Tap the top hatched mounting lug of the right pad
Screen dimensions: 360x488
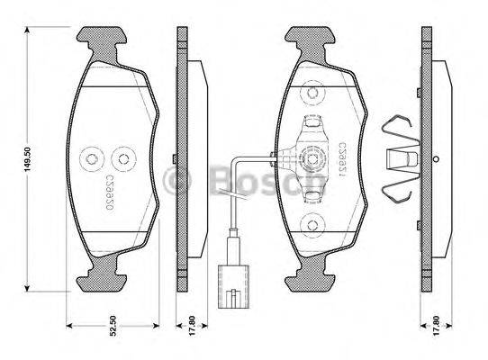pos(312,39)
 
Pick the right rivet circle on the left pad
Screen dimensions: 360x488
pos(123,159)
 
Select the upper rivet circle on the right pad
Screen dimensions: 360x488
pos(312,92)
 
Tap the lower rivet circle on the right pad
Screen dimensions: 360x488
pos(312,226)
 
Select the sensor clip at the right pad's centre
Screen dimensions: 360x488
pos(312,153)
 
